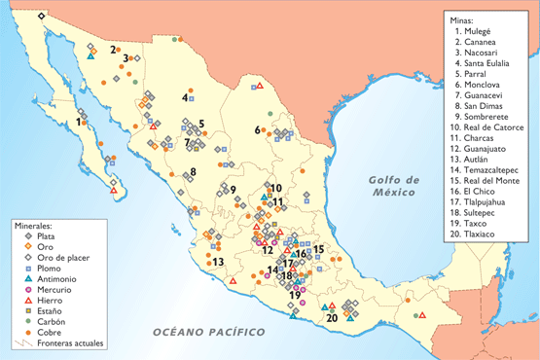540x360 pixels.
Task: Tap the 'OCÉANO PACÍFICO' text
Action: click(208, 334)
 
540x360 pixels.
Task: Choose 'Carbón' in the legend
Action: click(51, 322)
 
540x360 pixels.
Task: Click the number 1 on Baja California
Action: click(78, 122)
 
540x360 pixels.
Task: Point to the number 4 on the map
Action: click(184, 96)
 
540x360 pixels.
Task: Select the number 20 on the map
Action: click(333, 316)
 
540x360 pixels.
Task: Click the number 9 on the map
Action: click(233, 189)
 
